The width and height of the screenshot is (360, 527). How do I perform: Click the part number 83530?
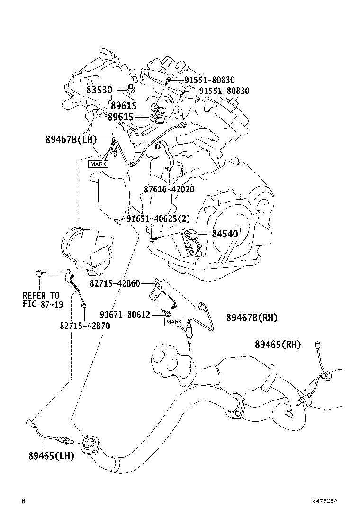[x=99, y=90]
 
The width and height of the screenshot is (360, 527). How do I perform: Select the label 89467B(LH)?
[x=71, y=140]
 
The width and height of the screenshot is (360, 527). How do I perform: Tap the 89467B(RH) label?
[x=252, y=318]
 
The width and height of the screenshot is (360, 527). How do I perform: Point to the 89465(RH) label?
[x=278, y=345]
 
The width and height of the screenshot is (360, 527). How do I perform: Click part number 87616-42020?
[x=169, y=189]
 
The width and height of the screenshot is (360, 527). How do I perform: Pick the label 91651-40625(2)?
[x=158, y=219]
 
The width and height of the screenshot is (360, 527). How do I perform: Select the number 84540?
[x=225, y=234]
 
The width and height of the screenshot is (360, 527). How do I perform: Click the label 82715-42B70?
[x=85, y=326]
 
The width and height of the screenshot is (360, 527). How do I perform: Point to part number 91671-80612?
[x=125, y=314]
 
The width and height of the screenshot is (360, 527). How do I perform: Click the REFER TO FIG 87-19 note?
[x=43, y=300]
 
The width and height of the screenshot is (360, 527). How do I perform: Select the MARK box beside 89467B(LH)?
[x=98, y=164]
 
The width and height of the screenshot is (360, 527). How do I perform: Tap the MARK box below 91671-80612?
[x=174, y=322]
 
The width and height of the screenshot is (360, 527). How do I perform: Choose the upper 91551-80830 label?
[x=209, y=81]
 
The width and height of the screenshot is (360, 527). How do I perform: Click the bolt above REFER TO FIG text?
[x=39, y=273]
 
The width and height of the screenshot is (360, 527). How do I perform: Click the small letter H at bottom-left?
[x=23, y=500]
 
